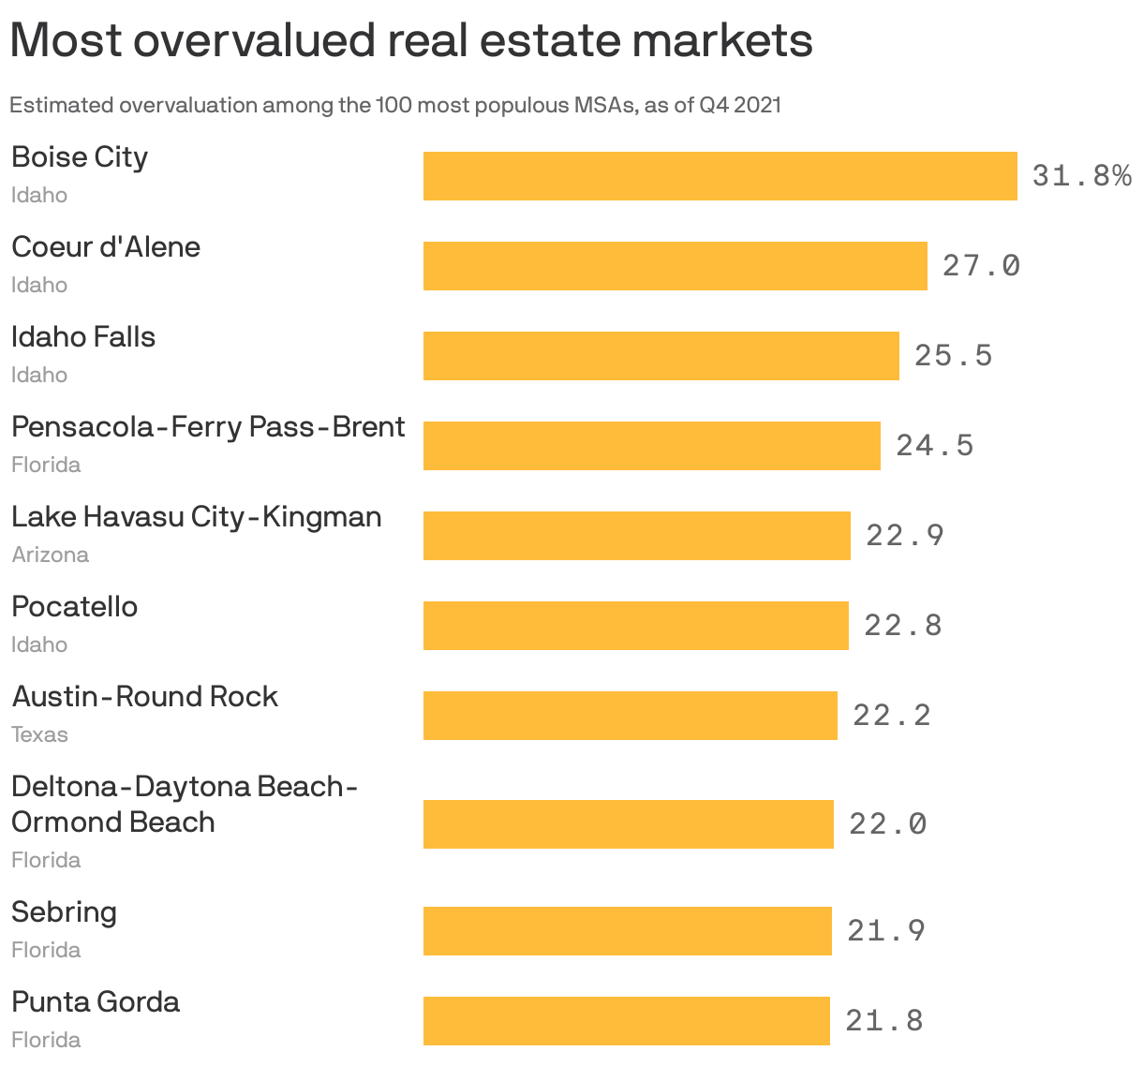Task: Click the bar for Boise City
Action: click(x=720, y=176)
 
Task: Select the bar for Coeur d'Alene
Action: click(x=675, y=266)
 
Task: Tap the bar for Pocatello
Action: click(x=635, y=626)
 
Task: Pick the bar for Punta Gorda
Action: click(x=626, y=1021)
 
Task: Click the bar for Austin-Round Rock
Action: click(x=630, y=716)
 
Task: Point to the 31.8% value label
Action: click(x=1081, y=176)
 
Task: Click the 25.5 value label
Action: click(x=953, y=356)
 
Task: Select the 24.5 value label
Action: click(x=934, y=446)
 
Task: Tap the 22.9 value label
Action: click(x=904, y=536)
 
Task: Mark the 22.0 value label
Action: click(x=887, y=824)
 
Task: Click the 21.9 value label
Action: click(x=885, y=931)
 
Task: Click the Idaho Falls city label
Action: click(x=83, y=337)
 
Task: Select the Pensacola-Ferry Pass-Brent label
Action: click(x=208, y=427)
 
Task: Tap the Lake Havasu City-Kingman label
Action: click(x=196, y=517)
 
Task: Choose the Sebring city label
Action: click(x=64, y=912)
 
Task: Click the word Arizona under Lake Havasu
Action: click(x=50, y=555)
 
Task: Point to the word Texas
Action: click(x=39, y=734)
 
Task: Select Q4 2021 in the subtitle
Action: click(x=739, y=105)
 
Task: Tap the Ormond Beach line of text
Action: click(x=112, y=822)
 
